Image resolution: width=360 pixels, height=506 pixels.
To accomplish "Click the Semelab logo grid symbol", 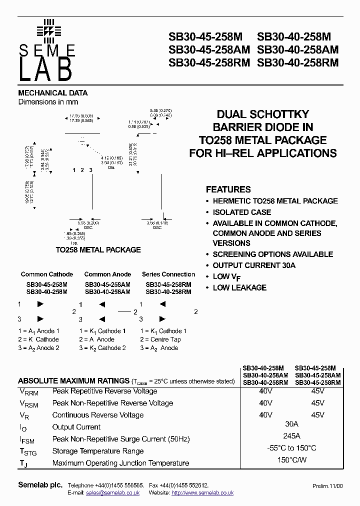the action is tap(48, 30).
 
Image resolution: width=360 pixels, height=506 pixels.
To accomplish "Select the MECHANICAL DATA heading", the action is tap(53, 93).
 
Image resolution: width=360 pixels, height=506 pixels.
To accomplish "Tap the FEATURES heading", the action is tap(228, 189).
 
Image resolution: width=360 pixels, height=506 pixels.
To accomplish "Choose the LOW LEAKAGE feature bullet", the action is tap(239, 287).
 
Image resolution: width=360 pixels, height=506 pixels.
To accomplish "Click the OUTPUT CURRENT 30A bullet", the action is tap(254, 265).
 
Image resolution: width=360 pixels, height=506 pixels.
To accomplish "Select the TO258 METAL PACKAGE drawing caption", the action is tap(98, 250).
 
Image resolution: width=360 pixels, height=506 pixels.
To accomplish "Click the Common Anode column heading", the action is tap(107, 274).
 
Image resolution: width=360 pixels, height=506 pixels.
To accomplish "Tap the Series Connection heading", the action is tap(168, 274).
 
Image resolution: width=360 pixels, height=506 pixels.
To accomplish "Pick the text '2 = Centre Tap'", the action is tap(160, 339).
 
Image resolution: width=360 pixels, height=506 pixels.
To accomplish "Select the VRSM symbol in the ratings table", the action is tap(29, 403).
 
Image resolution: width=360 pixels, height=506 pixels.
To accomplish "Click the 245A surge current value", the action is tap(291, 436).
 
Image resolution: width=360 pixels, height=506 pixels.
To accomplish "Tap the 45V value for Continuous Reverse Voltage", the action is tap(317, 415).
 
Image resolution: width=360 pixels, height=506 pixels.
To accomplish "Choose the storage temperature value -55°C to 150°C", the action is tap(291, 448).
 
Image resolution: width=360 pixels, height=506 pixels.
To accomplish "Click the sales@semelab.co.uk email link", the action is tap(113, 493).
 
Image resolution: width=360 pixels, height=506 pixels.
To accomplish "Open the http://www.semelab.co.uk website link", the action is tap(202, 493).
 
